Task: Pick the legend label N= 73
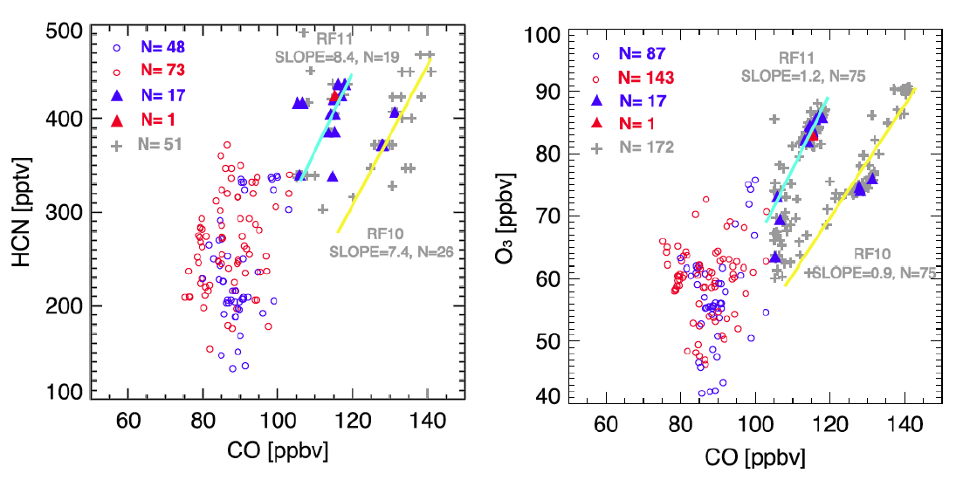pos(163,69)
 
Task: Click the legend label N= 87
pos(643,54)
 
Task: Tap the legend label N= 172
pos(648,149)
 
